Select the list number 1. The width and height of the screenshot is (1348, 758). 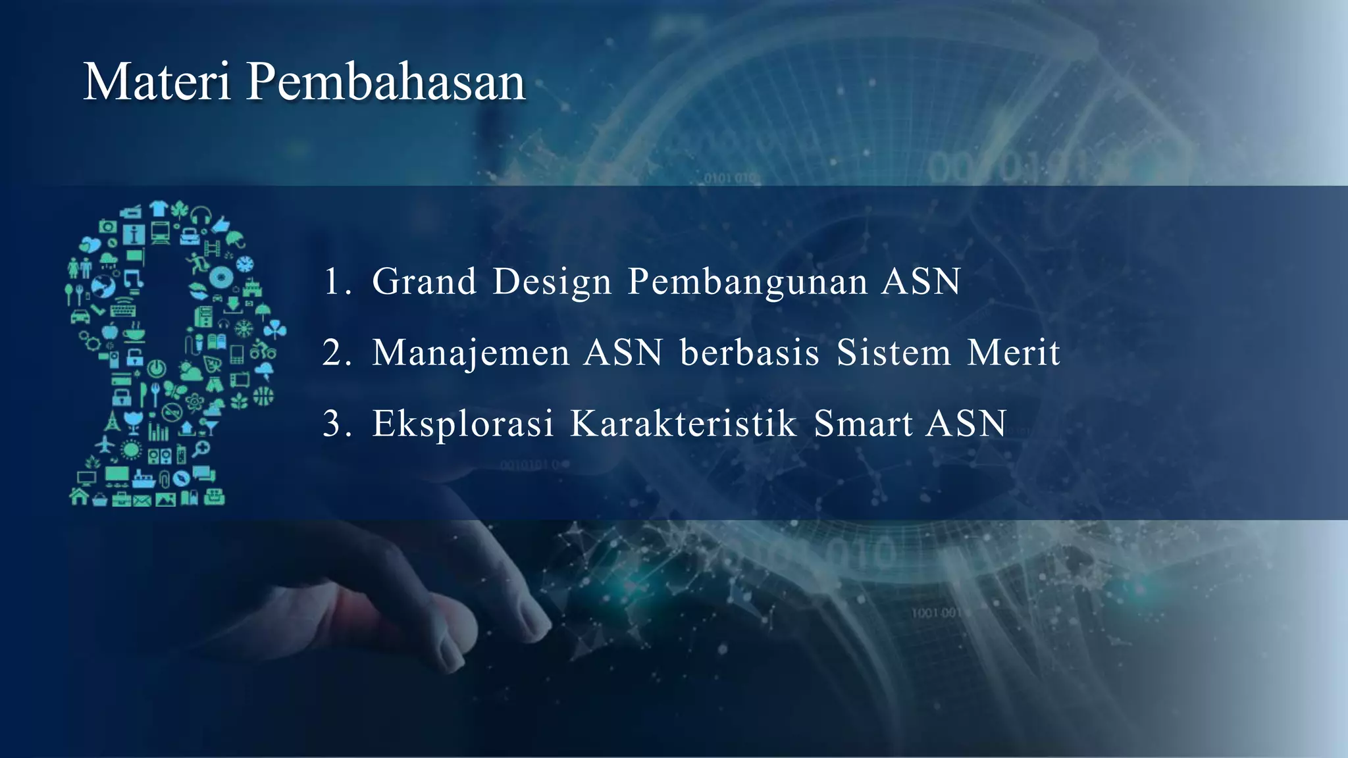(334, 282)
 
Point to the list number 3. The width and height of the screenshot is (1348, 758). (334, 424)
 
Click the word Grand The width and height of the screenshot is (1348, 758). (424, 282)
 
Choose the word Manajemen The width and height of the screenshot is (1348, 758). (470, 353)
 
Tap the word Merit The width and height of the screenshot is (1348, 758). (1014, 353)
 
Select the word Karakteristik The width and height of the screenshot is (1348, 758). (683, 424)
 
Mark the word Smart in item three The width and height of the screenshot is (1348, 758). (863, 424)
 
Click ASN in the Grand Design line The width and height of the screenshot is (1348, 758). (921, 282)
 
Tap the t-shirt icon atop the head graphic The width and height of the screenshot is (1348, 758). (158, 209)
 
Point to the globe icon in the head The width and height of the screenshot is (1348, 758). (103, 286)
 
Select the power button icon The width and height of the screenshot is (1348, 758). (157, 368)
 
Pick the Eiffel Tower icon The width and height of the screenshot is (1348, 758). (113, 420)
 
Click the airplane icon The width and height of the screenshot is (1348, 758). (105, 444)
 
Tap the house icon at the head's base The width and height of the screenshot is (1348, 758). (79, 496)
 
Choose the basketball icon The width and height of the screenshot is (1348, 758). (263, 396)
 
